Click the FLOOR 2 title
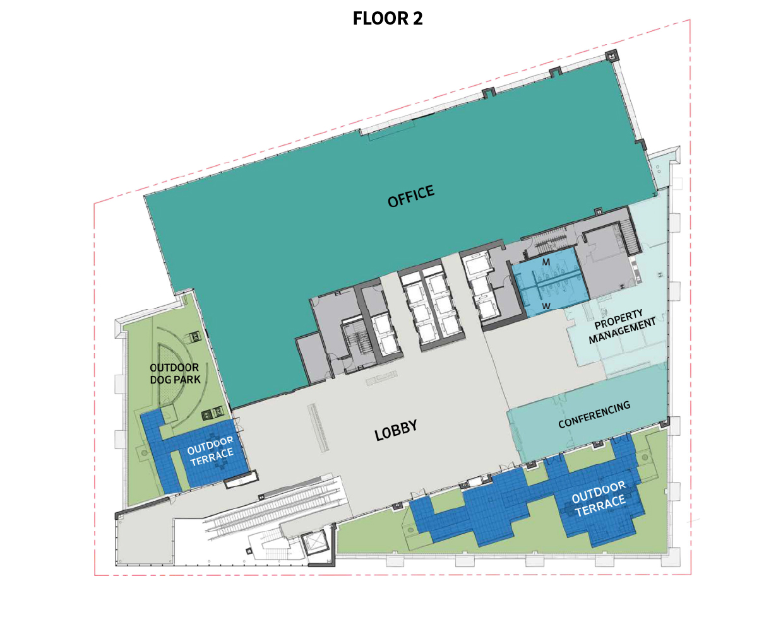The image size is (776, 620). (387, 18)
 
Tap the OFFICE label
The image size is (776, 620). (410, 196)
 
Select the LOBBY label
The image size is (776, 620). (396, 430)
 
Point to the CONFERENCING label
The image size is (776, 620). (594, 414)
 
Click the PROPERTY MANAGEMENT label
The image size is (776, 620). (621, 326)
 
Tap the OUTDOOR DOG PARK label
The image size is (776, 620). (175, 373)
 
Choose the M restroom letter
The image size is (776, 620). (546, 262)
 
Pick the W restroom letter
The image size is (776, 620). (546, 307)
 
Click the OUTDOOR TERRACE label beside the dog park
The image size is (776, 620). (211, 452)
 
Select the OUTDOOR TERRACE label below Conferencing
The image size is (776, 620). (599, 499)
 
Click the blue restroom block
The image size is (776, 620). (549, 283)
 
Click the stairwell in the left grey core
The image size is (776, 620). (355, 341)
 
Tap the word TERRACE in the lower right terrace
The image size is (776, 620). (600, 505)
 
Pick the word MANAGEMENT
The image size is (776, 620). (623, 330)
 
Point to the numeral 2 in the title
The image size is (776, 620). (417, 18)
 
